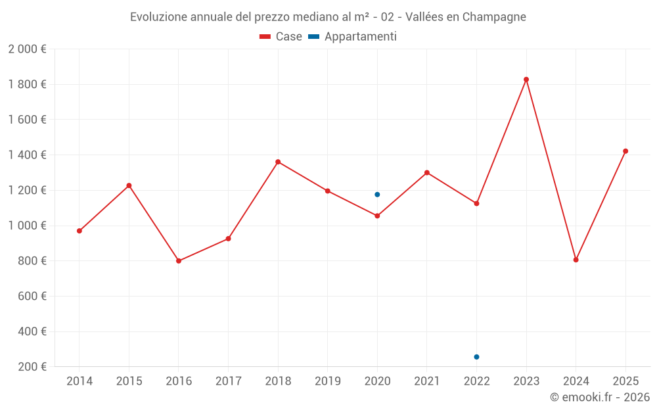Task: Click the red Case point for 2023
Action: point(526,80)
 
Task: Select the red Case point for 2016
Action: point(179,261)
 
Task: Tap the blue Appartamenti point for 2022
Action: point(476,357)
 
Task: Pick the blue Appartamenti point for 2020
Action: point(377,195)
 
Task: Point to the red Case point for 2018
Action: point(278,162)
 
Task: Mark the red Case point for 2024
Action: point(576,260)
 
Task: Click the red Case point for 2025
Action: point(625,151)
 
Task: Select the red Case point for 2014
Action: point(79,231)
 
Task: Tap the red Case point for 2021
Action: point(427,173)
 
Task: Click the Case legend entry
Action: point(281,37)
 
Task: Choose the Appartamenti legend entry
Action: point(353,37)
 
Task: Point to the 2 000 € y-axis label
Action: point(27,49)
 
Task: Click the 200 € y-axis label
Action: point(32,367)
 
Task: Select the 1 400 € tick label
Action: point(27,155)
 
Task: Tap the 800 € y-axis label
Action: point(32,261)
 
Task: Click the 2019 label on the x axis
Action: point(328,381)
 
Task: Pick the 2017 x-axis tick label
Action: point(228,381)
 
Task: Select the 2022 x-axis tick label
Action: point(476,381)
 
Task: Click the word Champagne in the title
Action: point(494,17)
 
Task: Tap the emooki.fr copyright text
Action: point(600,397)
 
